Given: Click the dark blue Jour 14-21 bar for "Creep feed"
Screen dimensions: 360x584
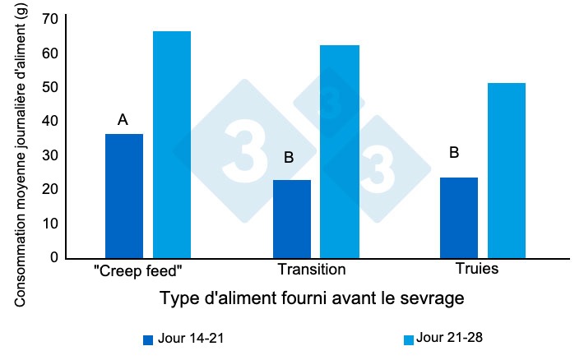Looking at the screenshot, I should [124, 196].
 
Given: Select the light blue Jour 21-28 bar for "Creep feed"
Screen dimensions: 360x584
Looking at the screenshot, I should [172, 145].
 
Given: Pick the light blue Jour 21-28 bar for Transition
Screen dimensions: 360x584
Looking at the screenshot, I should [340, 151].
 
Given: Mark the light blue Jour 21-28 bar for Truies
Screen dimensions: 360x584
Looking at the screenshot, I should [507, 170].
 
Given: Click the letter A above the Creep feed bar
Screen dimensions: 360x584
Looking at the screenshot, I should [123, 120].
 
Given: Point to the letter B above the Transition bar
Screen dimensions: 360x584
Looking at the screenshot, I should [289, 157].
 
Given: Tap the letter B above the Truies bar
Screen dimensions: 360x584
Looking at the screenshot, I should [455, 153].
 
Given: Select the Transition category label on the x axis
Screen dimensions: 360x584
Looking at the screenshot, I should [312, 270].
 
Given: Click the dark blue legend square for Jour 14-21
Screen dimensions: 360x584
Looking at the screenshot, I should [148, 339].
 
